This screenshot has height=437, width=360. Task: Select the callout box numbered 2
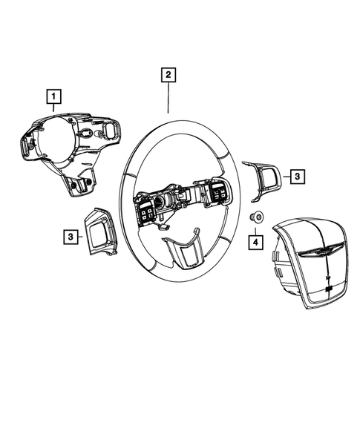(x=168, y=74)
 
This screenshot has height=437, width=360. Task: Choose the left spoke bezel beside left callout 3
(x=99, y=229)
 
